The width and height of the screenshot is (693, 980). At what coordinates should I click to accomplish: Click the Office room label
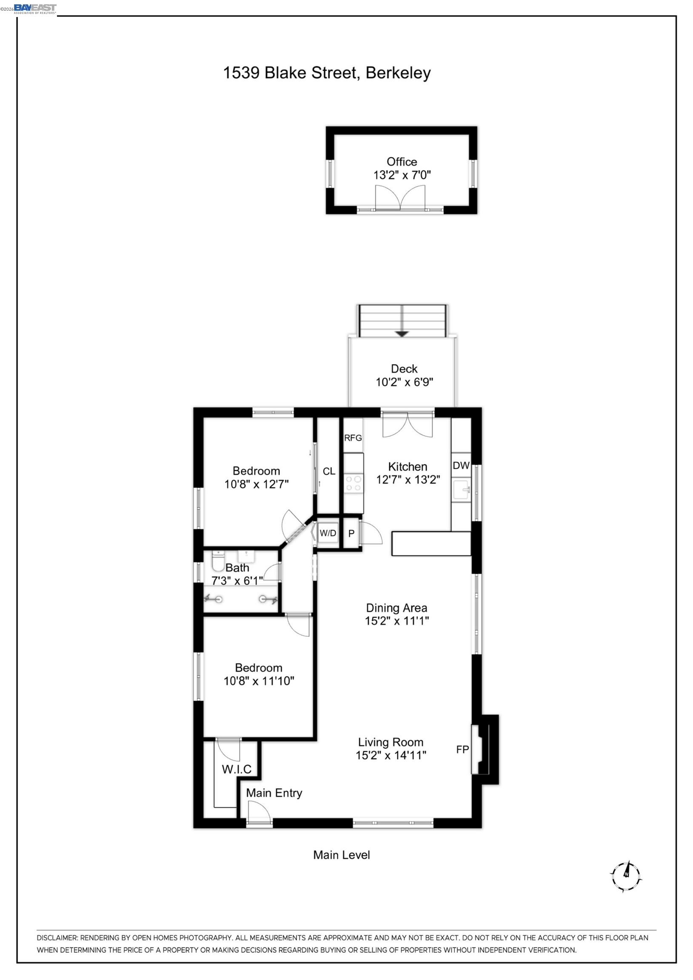[401, 162]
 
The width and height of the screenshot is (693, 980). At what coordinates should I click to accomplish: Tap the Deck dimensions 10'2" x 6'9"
[404, 382]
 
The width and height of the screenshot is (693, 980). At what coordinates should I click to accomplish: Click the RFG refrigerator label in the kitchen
[353, 438]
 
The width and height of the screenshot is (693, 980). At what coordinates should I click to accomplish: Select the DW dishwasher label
[461, 466]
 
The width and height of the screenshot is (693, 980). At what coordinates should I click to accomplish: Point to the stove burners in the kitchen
[354, 483]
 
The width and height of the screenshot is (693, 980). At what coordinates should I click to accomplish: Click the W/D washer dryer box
[328, 533]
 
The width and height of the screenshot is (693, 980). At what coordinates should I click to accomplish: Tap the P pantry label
[351, 533]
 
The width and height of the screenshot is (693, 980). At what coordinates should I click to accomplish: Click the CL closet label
[329, 471]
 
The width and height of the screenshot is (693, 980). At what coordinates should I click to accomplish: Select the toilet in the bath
[218, 561]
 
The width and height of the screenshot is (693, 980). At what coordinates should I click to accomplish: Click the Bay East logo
[35, 9]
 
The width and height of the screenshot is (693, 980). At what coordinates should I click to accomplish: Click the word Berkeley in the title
[398, 73]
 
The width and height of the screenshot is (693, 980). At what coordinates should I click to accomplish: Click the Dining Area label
[396, 608]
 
